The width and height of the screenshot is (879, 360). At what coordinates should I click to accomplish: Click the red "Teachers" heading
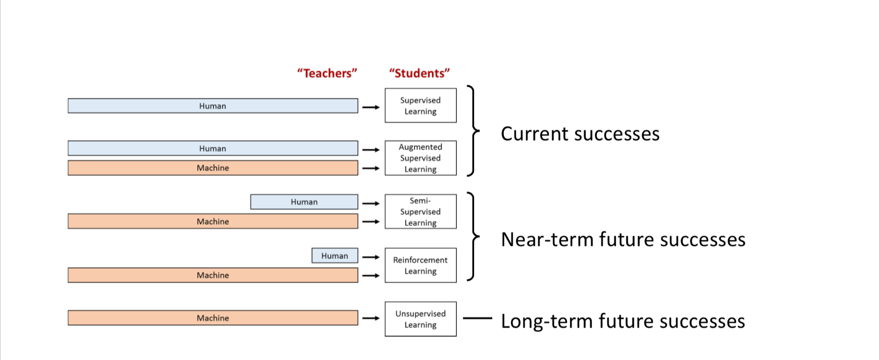[x=327, y=73]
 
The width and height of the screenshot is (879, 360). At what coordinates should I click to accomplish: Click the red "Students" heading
[x=419, y=73]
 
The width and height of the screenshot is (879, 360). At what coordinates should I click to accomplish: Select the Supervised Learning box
[x=420, y=106]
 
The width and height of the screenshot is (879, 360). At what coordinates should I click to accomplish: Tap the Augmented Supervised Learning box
[x=420, y=158]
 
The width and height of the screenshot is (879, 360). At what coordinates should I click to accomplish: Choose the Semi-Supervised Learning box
[x=420, y=212]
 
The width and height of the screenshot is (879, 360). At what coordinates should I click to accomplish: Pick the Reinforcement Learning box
[x=420, y=265]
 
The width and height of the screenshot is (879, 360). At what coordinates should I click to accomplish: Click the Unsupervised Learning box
[x=420, y=319]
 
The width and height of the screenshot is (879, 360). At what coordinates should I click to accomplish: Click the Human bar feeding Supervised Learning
[x=213, y=106]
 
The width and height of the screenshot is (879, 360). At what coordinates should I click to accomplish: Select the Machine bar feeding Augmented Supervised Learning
[x=213, y=168]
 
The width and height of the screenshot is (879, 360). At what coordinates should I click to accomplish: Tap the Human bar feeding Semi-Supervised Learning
[x=304, y=202]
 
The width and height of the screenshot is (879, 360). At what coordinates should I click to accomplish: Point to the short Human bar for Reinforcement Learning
[x=335, y=256]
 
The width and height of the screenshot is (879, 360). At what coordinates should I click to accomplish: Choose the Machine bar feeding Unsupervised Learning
[x=213, y=318]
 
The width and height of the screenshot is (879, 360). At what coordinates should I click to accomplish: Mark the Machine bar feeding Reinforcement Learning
[x=213, y=275]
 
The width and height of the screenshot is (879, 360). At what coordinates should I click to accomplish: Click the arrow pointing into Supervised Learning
[x=371, y=107]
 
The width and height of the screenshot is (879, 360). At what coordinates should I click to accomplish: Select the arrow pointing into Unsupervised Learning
[x=371, y=318]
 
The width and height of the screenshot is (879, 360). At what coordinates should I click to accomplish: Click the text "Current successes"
[x=580, y=134]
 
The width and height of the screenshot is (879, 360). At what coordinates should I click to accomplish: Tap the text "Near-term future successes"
[x=623, y=240]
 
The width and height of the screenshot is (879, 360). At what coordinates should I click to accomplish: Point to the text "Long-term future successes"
[x=622, y=321]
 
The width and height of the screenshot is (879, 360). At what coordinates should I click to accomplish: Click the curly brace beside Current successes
[x=472, y=131]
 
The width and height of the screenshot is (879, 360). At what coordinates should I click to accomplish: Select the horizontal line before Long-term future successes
[x=477, y=318]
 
